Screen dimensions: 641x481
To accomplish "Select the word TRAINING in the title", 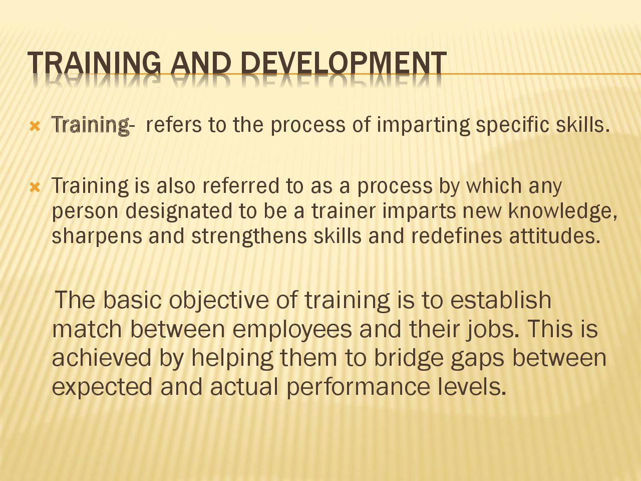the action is tap(94, 63).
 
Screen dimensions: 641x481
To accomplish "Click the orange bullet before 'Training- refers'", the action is tap(35, 126).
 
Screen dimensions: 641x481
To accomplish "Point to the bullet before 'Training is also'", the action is tap(35, 187).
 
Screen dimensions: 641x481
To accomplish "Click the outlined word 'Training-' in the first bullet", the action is tap(93, 125).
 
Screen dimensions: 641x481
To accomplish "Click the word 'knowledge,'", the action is tap(563, 211).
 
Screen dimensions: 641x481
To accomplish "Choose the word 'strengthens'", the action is tap(249, 236).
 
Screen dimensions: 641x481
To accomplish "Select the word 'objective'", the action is tap(219, 300).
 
